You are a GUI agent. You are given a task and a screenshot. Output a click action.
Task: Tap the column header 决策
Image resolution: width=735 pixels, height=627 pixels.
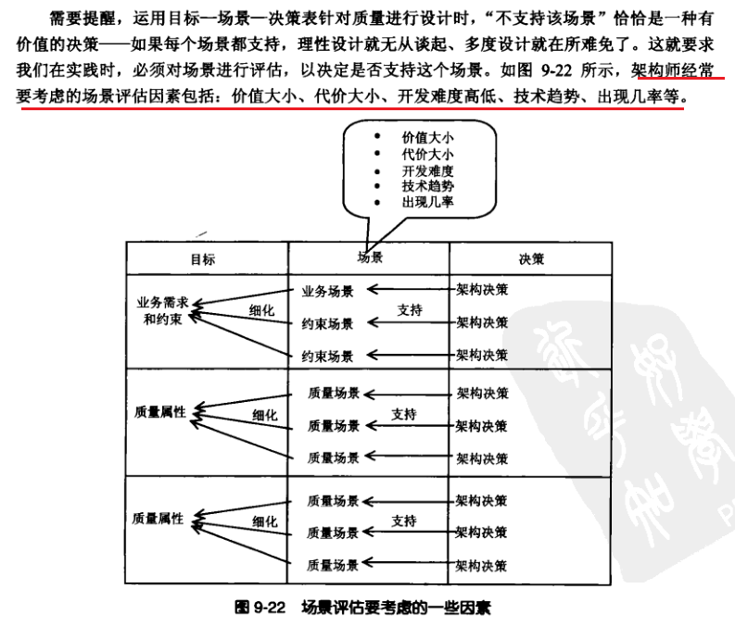click(x=531, y=259)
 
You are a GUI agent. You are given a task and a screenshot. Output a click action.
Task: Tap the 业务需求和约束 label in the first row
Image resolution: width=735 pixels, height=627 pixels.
click(x=163, y=309)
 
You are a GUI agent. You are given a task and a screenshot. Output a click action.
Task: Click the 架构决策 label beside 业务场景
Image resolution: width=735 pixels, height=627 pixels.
click(x=482, y=290)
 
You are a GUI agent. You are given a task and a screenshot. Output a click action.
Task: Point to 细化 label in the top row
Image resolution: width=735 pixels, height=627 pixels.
click(x=261, y=310)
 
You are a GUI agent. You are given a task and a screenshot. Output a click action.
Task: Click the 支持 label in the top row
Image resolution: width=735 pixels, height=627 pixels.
click(x=410, y=310)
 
